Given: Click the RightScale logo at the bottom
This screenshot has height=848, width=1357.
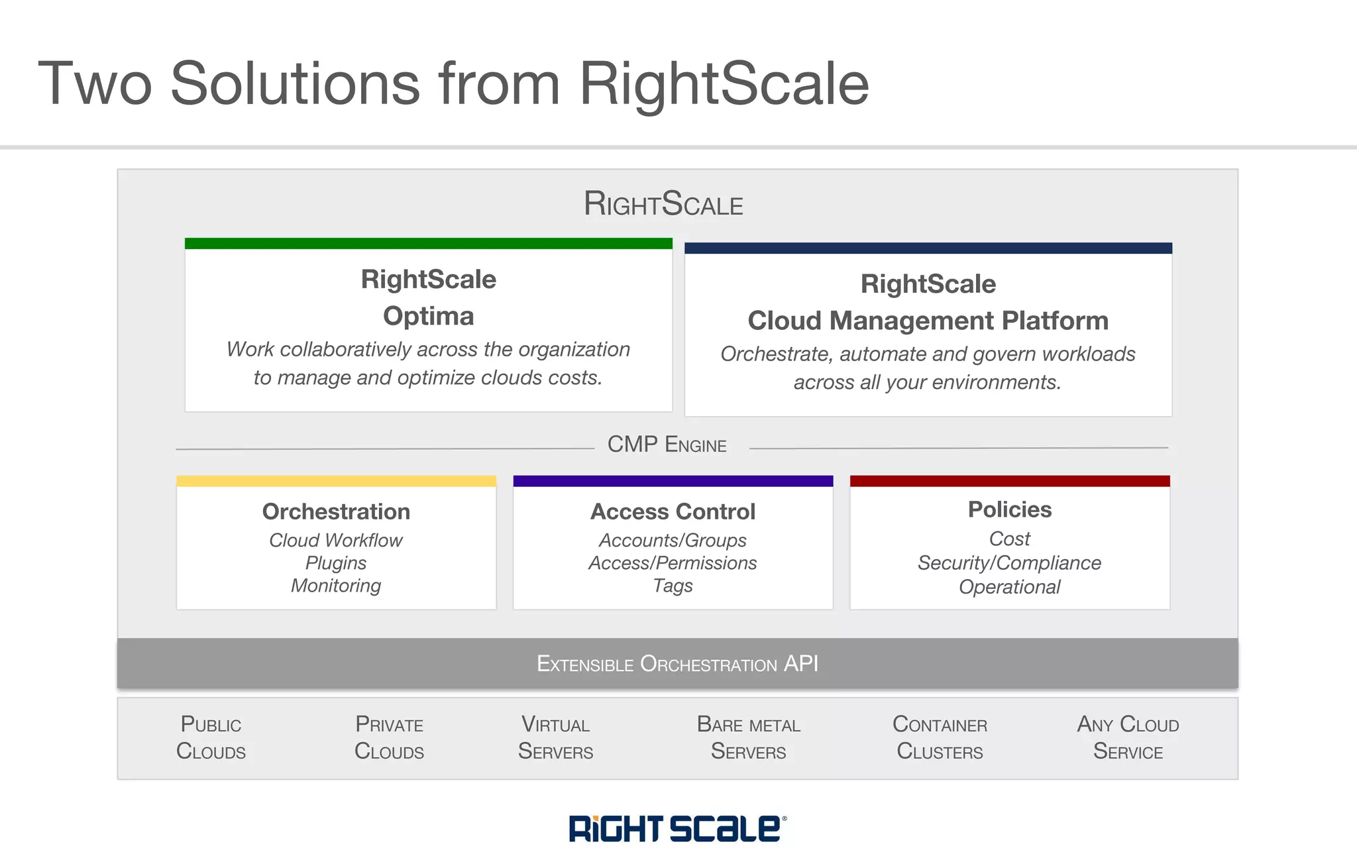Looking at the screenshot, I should click(677, 828).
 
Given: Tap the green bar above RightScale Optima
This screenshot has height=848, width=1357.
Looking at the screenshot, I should click(428, 243).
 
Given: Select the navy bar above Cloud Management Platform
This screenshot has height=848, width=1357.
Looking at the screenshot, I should click(928, 248).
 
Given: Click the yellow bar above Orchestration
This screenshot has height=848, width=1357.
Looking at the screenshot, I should click(336, 481).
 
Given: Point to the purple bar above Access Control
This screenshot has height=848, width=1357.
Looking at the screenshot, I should click(673, 481).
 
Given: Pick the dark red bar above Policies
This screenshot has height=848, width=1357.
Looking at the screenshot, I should click(1009, 481).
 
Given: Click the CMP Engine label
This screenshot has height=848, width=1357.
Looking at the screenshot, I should click(667, 445).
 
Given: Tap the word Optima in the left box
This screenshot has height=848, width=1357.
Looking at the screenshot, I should click(428, 316).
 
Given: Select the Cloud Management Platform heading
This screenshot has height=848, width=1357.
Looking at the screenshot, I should click(928, 321).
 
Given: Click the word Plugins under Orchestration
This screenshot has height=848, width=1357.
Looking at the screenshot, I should click(336, 563).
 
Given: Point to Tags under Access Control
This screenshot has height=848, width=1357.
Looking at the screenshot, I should click(673, 586).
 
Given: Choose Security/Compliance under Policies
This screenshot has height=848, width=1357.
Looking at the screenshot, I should click(1009, 563).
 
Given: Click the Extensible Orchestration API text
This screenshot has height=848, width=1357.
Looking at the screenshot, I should click(677, 663).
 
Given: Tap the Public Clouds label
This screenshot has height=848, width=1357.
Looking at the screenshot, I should click(211, 737).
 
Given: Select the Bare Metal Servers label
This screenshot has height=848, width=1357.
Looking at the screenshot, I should click(748, 737).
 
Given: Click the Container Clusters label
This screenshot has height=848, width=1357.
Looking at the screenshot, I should click(940, 737).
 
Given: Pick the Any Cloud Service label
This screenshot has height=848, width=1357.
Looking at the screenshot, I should click(1128, 737).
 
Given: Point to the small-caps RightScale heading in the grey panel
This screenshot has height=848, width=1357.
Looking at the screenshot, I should click(663, 203).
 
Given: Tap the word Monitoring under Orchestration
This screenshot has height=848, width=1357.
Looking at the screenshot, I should click(336, 586).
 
